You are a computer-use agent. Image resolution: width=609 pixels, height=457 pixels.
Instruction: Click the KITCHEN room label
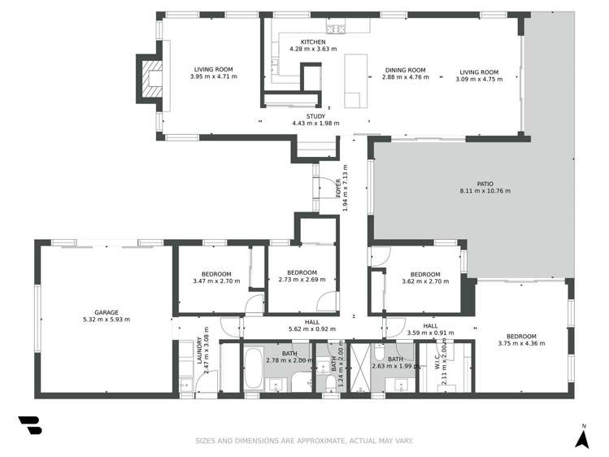click(x=313, y=42)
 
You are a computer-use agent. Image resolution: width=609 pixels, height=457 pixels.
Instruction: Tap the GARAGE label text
click(x=107, y=312)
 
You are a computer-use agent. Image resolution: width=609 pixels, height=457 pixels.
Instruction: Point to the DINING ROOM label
click(x=405, y=71)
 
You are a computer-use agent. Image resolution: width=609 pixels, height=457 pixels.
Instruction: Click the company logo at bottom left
click(x=30, y=426)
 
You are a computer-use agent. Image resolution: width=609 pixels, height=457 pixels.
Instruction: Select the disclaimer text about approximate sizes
click(x=304, y=442)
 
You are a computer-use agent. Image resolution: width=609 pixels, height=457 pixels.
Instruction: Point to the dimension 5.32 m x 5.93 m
click(x=107, y=320)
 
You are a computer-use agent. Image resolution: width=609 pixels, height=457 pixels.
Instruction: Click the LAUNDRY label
click(x=198, y=355)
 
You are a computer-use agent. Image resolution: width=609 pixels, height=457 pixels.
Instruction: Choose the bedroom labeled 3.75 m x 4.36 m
click(x=521, y=340)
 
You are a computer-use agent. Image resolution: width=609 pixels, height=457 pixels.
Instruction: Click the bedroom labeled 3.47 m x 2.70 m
click(x=211, y=277)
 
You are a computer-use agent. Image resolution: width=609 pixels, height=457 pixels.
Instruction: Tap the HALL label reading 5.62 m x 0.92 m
click(x=311, y=325)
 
